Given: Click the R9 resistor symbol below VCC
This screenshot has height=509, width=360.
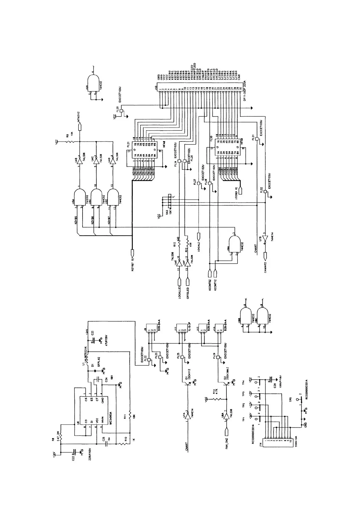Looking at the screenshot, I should [x=70, y=141].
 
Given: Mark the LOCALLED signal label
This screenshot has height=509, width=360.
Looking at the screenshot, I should [x=180, y=293].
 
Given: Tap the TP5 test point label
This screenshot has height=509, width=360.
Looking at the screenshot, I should [x=291, y=400].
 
